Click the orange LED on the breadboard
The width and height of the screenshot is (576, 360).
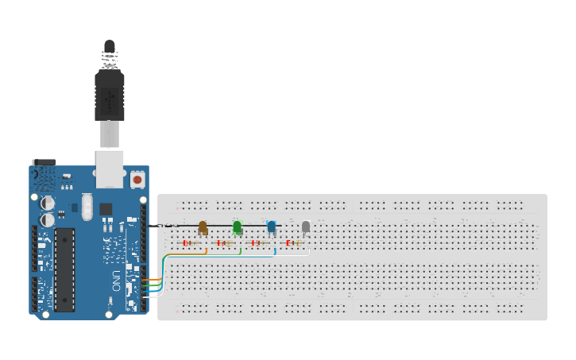[x=203, y=227]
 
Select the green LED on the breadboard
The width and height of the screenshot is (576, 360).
[x=237, y=227]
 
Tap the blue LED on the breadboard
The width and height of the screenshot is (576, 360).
[x=272, y=227]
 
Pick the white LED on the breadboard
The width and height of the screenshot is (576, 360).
[x=306, y=227]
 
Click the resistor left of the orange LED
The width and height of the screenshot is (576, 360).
[x=189, y=242]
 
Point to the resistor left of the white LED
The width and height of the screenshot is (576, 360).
[x=293, y=242]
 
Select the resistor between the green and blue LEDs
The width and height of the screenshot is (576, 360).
[x=257, y=242]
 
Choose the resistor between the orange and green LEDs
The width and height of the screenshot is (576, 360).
[x=223, y=242]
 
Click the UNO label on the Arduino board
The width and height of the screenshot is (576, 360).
[x=117, y=281]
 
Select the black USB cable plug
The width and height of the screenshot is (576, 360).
[x=110, y=91]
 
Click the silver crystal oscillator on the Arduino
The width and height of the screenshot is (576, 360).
[x=87, y=208]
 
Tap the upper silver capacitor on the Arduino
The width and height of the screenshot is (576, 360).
[x=48, y=203]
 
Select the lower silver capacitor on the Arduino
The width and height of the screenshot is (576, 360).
[x=48, y=219]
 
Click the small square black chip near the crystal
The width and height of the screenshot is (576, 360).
[x=106, y=209]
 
